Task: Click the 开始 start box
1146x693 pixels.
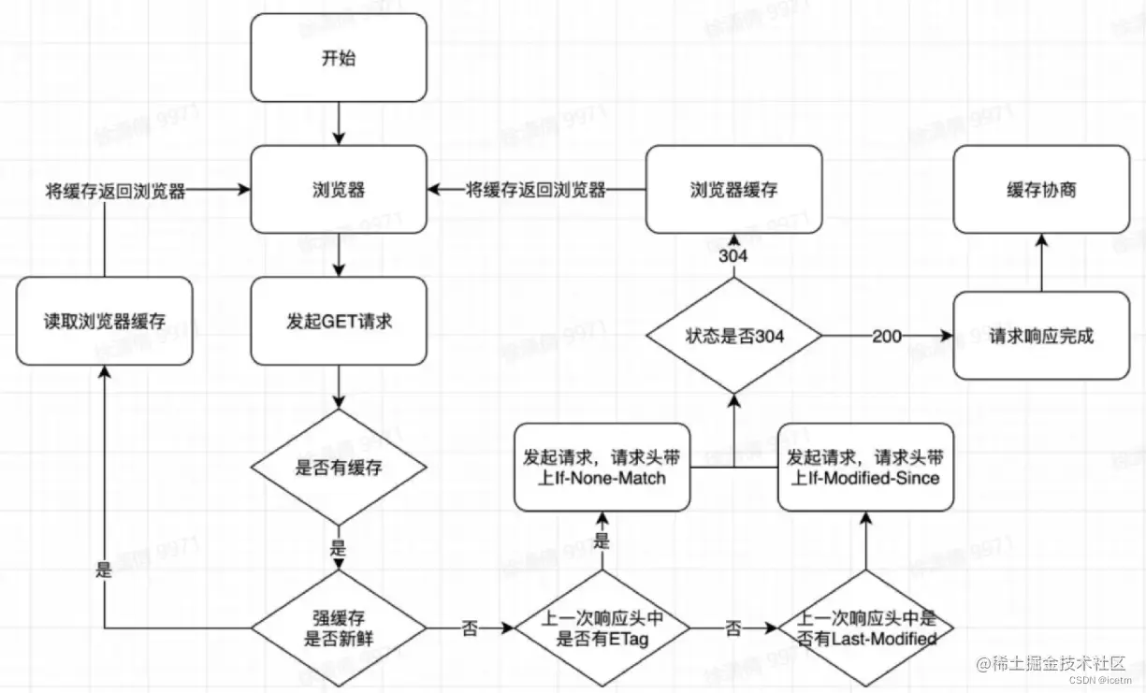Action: tap(338, 59)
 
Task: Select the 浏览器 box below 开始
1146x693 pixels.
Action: tap(338, 190)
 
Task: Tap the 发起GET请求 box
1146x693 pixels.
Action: tap(338, 322)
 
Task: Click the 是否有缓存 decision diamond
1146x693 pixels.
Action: tap(338, 467)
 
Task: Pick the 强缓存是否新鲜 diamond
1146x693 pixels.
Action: tap(338, 628)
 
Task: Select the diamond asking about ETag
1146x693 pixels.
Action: tap(602, 628)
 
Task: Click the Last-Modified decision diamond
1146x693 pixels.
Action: tap(865, 628)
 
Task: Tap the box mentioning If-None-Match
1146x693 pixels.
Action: tap(602, 467)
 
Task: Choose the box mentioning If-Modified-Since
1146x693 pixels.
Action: tap(865, 467)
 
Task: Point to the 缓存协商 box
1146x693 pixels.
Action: tap(1041, 190)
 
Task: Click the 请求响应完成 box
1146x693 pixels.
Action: tap(1041, 336)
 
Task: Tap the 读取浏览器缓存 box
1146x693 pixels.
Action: tap(104, 322)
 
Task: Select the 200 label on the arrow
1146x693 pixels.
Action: tap(887, 336)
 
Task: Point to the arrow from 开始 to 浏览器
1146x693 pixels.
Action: tap(338, 123)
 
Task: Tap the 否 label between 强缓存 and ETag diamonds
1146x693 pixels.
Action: tap(470, 628)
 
